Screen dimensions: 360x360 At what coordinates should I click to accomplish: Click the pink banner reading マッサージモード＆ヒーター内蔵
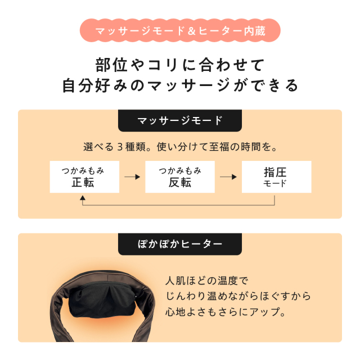pos(180,30)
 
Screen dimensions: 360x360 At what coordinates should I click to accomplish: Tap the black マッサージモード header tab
pos(180,120)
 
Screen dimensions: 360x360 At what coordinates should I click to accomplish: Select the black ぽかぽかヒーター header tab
pos(180,244)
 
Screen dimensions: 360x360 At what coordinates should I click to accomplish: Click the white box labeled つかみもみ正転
pos(84,177)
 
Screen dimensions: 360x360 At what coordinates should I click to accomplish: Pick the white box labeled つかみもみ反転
pos(180,177)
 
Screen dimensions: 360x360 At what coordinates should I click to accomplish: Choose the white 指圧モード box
pos(277,177)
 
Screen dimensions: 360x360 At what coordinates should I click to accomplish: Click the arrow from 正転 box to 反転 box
pos(132,177)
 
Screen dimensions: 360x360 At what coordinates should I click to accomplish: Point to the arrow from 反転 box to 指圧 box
pos(228,177)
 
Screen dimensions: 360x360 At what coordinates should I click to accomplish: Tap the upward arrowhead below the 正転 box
pos(83,198)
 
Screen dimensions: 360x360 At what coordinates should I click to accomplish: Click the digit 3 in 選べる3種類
pos(120,147)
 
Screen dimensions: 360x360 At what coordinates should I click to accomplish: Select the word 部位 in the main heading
pos(111,65)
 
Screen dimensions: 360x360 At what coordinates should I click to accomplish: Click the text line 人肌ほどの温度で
pos(207,281)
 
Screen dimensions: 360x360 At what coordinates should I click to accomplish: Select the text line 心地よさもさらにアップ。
pos(226,312)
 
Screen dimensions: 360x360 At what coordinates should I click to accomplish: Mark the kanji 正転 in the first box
pos(83,183)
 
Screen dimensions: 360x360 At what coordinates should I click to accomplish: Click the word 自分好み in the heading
pos(94,85)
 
